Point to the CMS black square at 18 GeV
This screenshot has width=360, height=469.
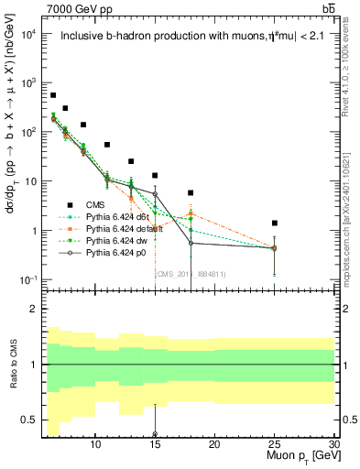click(191, 193)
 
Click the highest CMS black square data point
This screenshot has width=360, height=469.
click(53, 95)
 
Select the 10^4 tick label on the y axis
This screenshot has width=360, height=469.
click(28, 34)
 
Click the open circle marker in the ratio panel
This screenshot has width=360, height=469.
click(155, 434)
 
